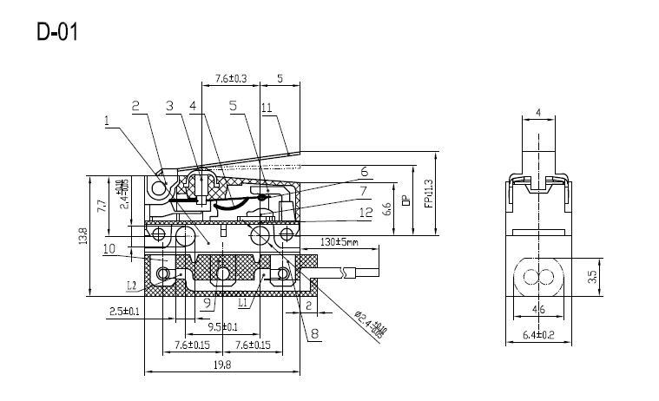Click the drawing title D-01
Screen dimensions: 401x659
58,32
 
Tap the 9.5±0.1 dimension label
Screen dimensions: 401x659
224,326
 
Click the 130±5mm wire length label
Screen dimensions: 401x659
339,241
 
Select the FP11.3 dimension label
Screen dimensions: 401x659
427,194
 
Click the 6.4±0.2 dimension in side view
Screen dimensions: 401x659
539,334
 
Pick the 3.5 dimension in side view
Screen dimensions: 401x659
590,279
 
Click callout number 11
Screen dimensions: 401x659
267,108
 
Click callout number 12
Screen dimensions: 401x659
366,211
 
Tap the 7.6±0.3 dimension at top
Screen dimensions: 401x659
225,78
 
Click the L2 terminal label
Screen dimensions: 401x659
131,285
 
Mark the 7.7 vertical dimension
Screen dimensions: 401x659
102,206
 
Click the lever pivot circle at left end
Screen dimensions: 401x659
158,188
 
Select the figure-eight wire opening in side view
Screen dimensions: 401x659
538,279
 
